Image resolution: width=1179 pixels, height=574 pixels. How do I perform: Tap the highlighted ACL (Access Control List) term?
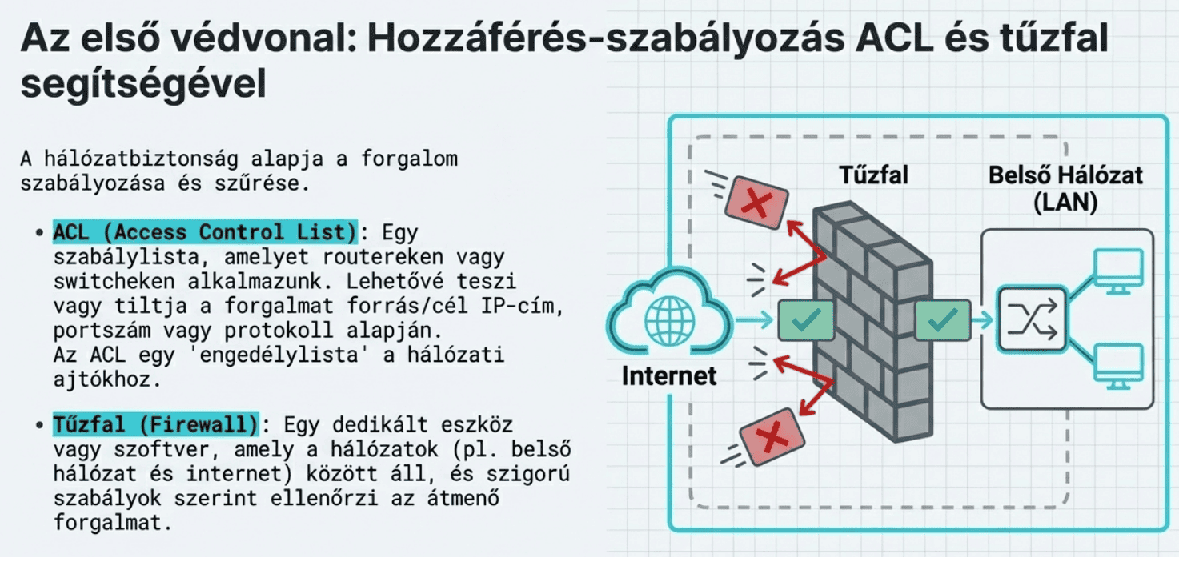point(204,233)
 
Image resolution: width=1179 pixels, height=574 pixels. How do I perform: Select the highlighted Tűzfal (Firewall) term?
point(156,423)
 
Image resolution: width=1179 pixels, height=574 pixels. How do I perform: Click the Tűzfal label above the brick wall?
point(873,175)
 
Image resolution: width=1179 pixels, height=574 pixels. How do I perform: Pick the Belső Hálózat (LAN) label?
point(1066,188)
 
